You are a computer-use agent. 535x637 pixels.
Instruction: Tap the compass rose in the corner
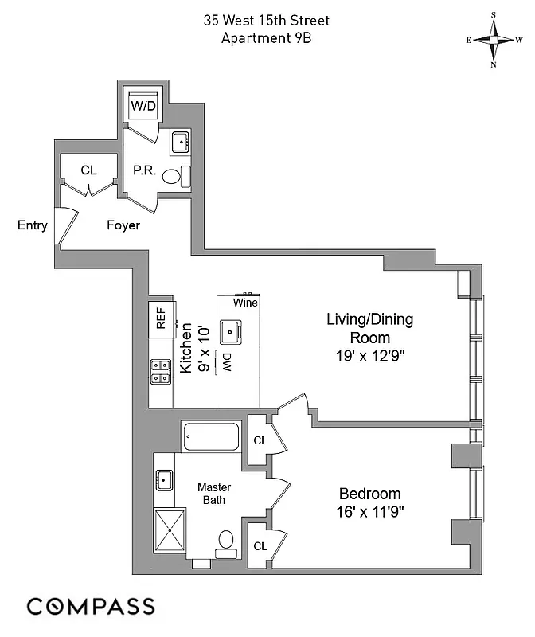click(494, 40)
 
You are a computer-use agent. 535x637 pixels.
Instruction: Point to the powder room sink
click(180, 143)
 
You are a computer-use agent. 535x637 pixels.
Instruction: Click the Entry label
click(32, 225)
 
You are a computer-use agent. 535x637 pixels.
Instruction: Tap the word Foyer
click(123, 225)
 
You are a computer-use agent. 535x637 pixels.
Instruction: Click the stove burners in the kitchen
click(161, 371)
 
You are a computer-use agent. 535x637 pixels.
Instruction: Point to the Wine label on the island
click(245, 303)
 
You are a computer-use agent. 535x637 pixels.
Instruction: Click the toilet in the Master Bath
click(225, 542)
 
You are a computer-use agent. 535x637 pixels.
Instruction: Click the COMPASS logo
click(90, 606)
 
